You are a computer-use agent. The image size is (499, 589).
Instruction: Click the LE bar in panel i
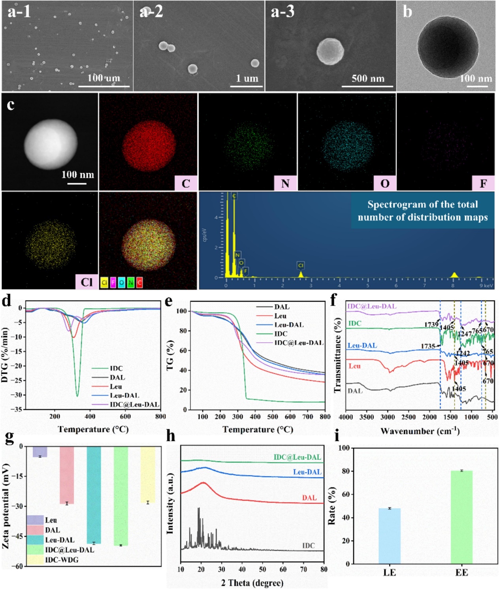(x=389, y=536)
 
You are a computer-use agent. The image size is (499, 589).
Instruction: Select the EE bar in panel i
(x=461, y=517)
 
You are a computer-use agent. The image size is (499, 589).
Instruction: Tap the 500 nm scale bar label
(x=368, y=78)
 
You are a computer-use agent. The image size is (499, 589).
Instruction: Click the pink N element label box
(x=285, y=183)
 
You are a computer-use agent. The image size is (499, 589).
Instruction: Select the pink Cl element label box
(x=87, y=282)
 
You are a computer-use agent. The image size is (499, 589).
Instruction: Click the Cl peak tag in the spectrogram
(x=301, y=265)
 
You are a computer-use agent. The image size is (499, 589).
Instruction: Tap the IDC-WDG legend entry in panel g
(x=62, y=560)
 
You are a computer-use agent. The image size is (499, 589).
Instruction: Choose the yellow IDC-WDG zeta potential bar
(x=148, y=474)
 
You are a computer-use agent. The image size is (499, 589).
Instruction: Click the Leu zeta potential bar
(x=40, y=452)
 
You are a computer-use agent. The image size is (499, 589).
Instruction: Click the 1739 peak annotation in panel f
(x=431, y=325)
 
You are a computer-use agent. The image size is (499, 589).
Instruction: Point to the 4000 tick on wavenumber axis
(x=346, y=417)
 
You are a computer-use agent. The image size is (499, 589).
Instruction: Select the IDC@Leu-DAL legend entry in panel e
(x=299, y=342)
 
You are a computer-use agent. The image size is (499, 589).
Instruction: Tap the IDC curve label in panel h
(x=309, y=546)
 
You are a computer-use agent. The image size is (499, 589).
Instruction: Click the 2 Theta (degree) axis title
(x=252, y=583)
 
